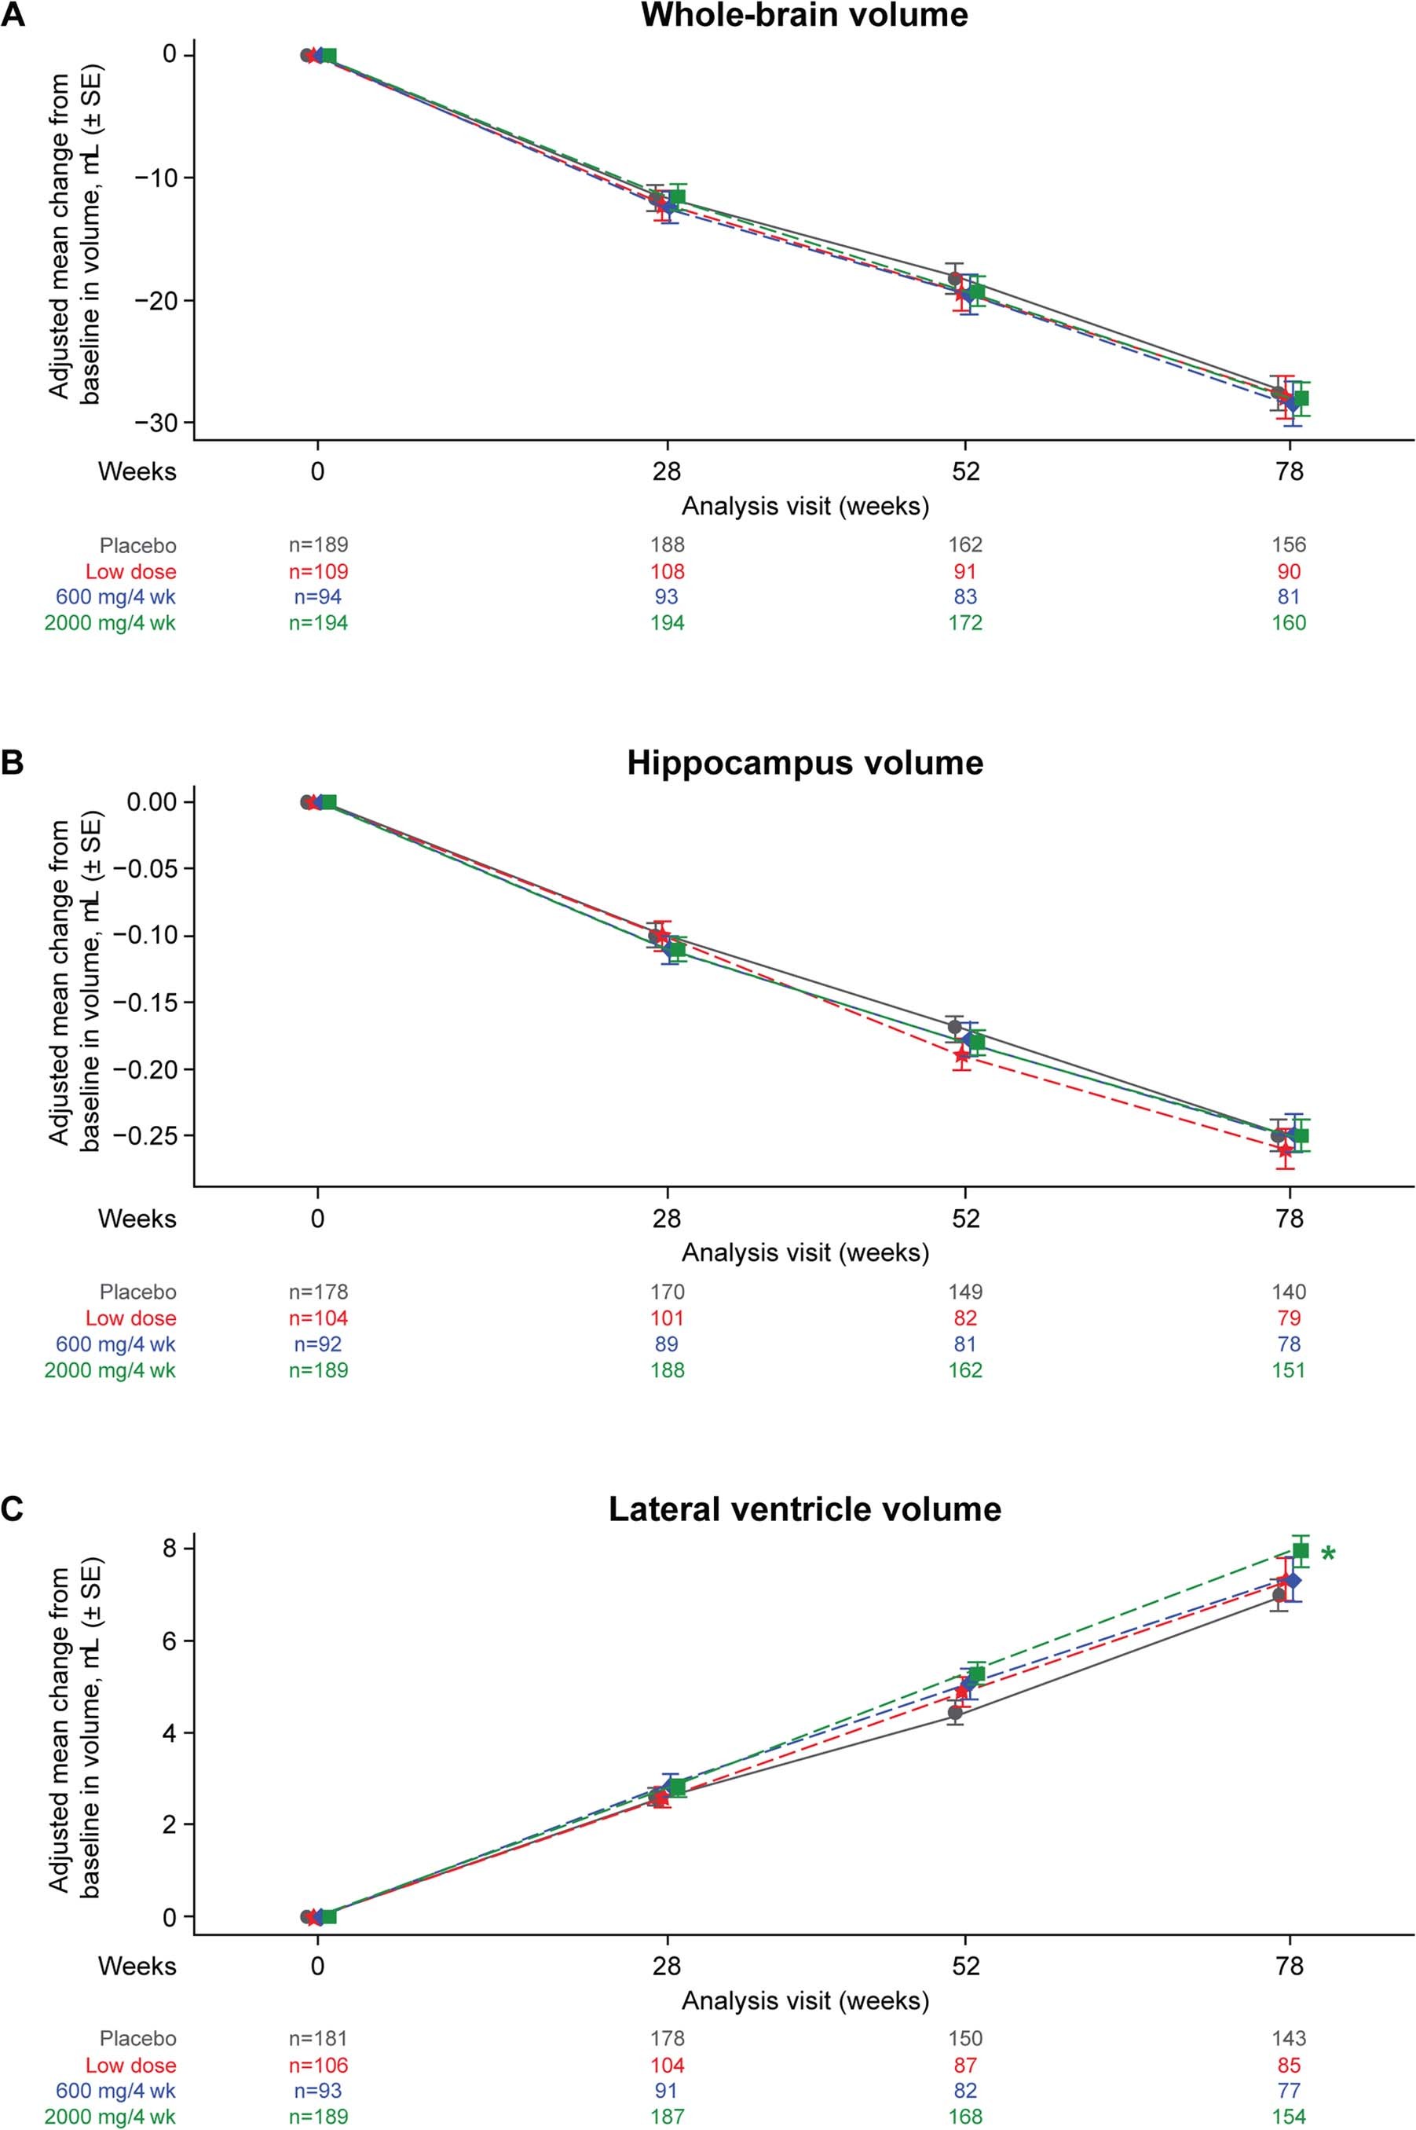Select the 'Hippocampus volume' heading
805,763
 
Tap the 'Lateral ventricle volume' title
805,1509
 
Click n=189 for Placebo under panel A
318,544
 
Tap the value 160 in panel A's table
1289,622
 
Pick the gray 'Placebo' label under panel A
137,544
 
